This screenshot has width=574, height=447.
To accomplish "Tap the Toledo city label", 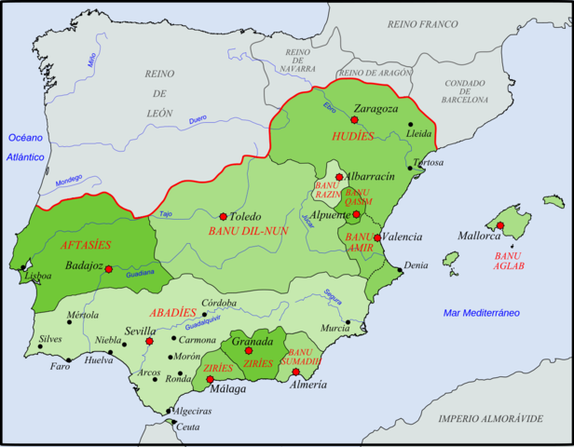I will (246, 215).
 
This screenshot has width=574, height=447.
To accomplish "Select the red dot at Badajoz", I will (109, 269).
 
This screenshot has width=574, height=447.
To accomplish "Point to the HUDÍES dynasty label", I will (353, 137).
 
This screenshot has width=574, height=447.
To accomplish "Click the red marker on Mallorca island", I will (499, 225).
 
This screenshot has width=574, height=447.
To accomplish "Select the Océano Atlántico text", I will (27, 147).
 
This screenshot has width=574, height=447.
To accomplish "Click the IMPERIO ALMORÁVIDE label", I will (491, 418).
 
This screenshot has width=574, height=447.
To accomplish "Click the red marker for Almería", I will (295, 372).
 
